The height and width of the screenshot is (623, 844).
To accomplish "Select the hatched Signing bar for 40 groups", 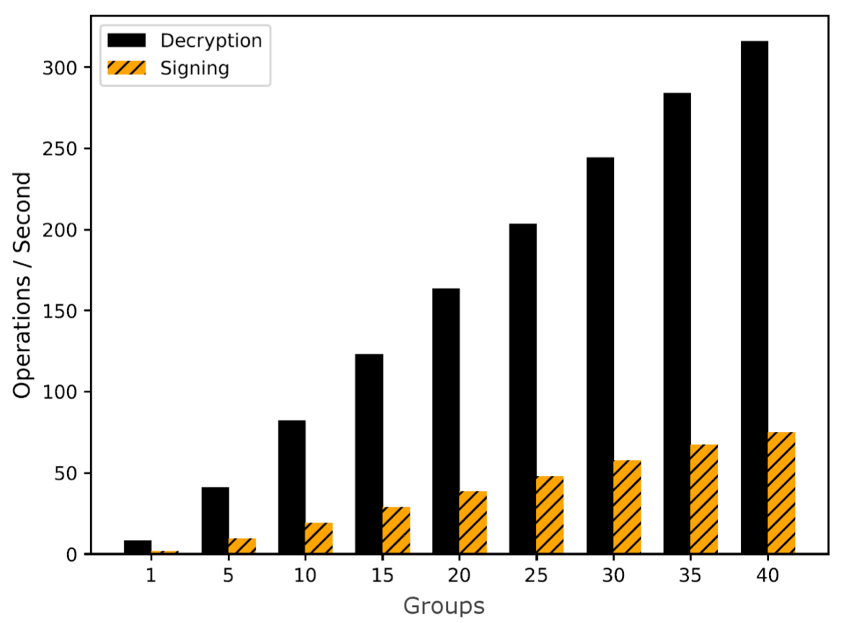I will click(781, 493).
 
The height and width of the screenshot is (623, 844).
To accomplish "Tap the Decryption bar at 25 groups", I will click(522, 389).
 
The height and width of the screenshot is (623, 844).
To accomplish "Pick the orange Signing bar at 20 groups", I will click(472, 523).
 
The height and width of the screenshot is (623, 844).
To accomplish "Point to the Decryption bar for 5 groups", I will click(215, 521).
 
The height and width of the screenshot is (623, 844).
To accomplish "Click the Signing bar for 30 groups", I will click(627, 507).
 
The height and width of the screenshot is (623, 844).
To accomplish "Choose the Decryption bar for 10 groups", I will click(291, 487).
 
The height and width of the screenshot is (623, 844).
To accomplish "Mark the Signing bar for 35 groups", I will click(704, 499).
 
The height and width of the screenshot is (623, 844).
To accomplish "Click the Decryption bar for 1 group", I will click(138, 547).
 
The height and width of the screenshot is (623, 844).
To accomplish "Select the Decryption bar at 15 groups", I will click(369, 454).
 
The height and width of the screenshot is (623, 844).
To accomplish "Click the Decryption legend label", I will click(211, 40).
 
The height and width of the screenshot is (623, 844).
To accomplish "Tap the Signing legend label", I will click(195, 69).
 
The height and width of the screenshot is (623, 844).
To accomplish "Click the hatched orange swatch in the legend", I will click(126, 69).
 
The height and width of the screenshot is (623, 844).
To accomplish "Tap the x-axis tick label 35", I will click(690, 577).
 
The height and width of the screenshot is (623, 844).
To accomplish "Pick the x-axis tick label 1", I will click(151, 577).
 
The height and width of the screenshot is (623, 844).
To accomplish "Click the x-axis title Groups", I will click(444, 606).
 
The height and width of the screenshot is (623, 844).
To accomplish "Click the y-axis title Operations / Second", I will click(23, 285).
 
